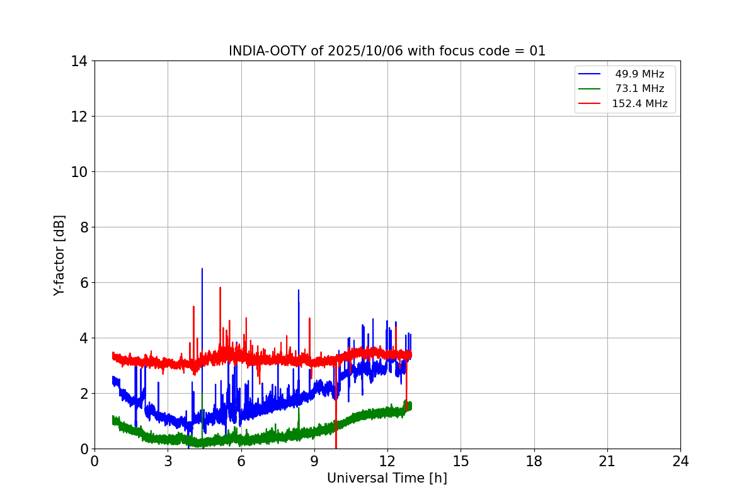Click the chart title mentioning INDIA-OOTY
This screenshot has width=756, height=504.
click(387, 51)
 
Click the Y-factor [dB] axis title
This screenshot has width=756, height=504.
click(59, 255)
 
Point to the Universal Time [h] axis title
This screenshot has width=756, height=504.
click(387, 478)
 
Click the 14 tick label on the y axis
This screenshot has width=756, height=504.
click(79, 61)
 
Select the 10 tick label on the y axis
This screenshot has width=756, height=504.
click(79, 172)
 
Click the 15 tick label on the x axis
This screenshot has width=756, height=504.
click(461, 461)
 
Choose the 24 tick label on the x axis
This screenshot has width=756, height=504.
click(680, 461)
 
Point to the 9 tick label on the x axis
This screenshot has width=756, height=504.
click(314, 461)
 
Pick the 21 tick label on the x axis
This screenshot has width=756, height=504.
click(607, 461)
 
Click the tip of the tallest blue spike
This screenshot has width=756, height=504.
click(202, 269)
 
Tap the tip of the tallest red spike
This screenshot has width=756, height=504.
click(220, 288)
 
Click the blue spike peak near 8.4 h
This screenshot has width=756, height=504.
click(299, 290)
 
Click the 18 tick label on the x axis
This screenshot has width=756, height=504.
click(534, 461)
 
